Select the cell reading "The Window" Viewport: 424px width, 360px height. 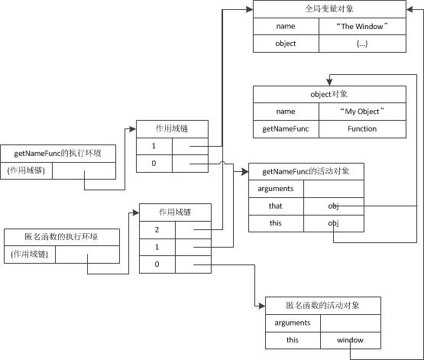pos(362,27)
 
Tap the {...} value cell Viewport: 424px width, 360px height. pos(362,44)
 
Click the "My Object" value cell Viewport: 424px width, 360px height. pos(362,112)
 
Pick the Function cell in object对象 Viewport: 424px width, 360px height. pos(362,128)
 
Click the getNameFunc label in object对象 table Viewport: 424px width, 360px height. pos(286,128)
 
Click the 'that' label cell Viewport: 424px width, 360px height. pos(276,206)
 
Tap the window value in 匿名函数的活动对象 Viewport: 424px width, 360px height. pos(351,339)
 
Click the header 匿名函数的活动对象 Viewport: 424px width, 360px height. pos(322,305)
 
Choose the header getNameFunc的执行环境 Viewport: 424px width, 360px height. pos(58,154)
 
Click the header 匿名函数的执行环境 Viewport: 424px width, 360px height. pos(61,237)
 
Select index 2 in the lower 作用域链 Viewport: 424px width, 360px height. pos(157,229)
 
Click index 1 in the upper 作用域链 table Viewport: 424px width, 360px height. pos(154,145)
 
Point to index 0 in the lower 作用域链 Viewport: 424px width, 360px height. pos(157,264)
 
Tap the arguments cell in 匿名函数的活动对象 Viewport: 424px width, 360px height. pos(287,323)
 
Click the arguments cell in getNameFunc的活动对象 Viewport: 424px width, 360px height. pos(276,189)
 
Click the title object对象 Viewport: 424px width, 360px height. pos(329,94)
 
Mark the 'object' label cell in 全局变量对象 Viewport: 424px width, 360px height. pos(286,44)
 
